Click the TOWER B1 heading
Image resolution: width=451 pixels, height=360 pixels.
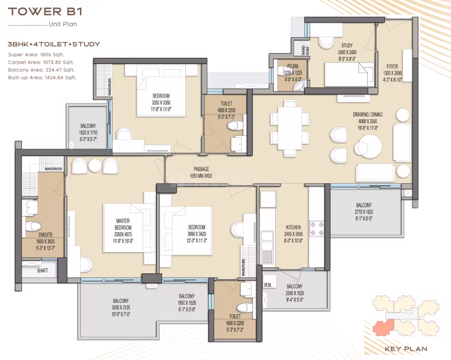(x=45, y=11)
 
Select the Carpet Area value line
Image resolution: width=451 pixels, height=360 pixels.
(x=41, y=62)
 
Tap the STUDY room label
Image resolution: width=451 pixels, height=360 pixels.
(x=347, y=45)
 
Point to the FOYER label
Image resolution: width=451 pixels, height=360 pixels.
(x=392, y=66)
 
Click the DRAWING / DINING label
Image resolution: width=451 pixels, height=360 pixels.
(x=368, y=114)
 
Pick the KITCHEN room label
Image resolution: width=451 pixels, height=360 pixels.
(x=293, y=227)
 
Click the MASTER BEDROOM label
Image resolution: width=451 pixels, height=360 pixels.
(x=123, y=224)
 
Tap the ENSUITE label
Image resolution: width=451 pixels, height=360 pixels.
(x=45, y=235)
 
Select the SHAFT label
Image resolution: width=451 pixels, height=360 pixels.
(x=43, y=270)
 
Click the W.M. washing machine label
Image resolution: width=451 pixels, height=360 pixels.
(x=268, y=285)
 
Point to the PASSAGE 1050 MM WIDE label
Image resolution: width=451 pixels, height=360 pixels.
(x=201, y=173)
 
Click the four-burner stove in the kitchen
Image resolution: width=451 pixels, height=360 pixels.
(x=317, y=228)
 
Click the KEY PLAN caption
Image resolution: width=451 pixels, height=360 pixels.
(x=406, y=349)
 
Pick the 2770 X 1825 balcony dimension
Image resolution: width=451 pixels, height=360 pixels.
(x=364, y=212)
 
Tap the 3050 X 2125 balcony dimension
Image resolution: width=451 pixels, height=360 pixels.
(x=121, y=308)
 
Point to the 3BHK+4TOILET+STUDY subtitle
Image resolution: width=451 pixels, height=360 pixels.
(x=54, y=44)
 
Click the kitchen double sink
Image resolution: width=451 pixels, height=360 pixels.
(x=266, y=241)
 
